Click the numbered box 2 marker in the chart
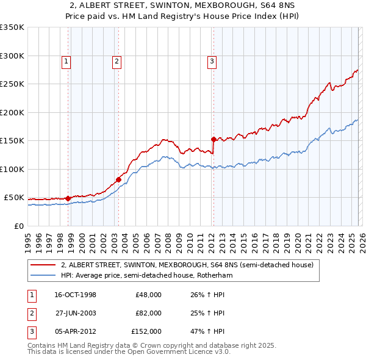coord(116,60)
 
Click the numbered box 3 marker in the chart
coord(211,60)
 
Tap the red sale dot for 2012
coord(213,139)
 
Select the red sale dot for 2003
coord(118,179)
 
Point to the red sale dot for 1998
coord(68,198)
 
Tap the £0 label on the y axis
coord(19,226)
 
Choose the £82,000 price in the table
coord(148,313)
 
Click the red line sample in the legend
coord(43,265)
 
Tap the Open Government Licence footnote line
coord(129,352)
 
